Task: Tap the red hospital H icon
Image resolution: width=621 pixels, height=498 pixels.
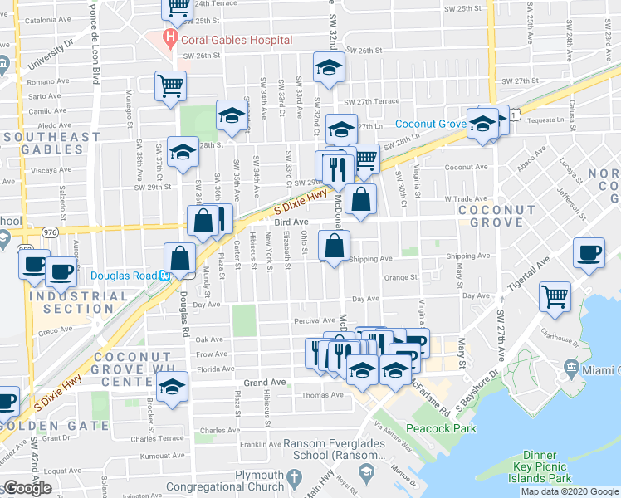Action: tap(170, 37)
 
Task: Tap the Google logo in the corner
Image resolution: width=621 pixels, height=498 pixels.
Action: tap(27, 488)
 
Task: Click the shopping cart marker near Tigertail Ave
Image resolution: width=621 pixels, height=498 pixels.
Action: tap(555, 295)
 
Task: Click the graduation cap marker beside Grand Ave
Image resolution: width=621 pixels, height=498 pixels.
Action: tap(173, 387)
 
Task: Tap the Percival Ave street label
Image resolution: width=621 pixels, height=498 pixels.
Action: tap(311, 320)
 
